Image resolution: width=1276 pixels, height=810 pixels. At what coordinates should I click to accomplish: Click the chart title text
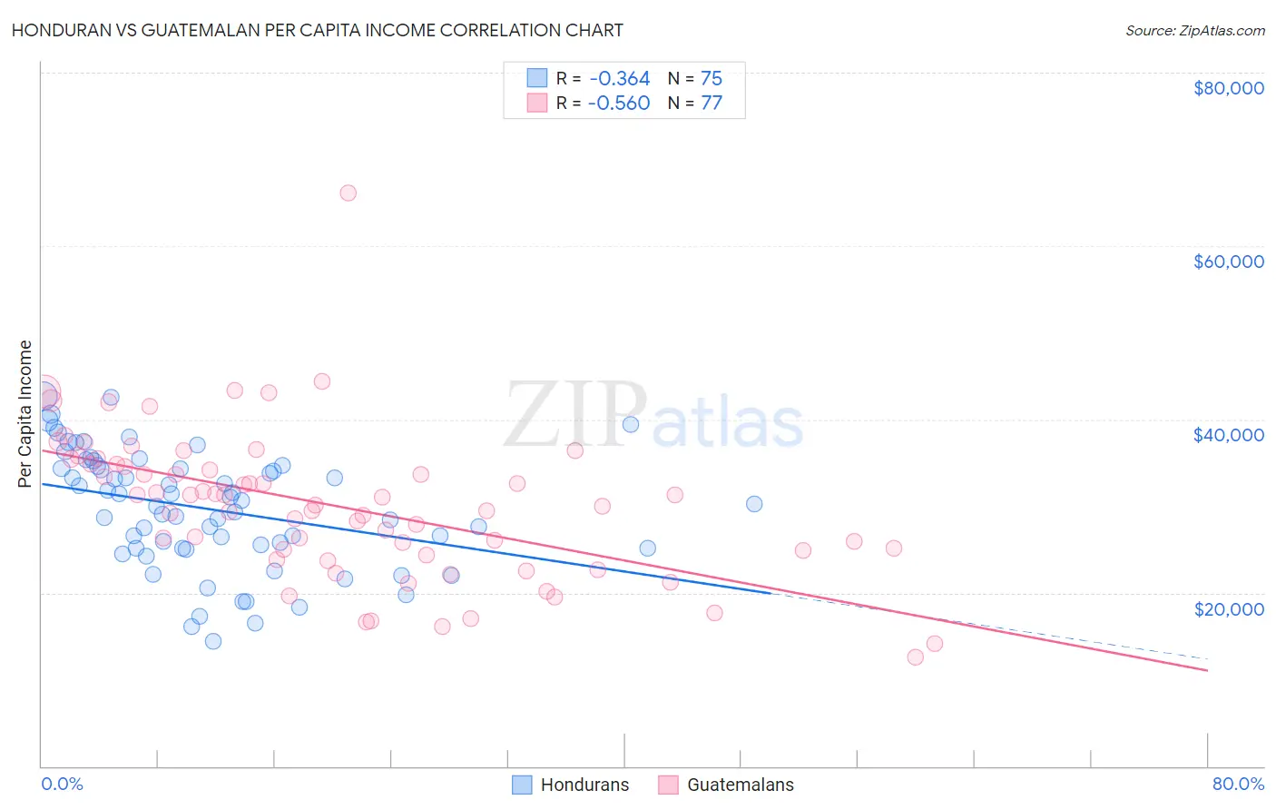tap(317, 30)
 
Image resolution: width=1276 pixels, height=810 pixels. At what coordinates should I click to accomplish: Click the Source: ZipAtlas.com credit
tap(1194, 30)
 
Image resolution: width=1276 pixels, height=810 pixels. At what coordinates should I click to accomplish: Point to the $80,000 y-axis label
tap(1228, 88)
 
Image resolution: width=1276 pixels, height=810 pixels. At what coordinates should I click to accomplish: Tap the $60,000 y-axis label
tap(1228, 262)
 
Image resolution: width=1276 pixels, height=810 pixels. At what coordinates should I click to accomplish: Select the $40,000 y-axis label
tap(1228, 435)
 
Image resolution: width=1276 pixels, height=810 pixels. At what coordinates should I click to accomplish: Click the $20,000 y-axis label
tap(1228, 608)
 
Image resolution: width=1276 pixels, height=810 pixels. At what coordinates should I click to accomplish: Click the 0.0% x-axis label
tap(62, 784)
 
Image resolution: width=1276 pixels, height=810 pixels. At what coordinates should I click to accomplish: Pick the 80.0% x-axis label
tap(1238, 784)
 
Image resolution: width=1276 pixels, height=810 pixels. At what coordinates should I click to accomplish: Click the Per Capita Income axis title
tap(25, 413)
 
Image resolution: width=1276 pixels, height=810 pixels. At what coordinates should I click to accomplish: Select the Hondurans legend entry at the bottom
tap(571, 785)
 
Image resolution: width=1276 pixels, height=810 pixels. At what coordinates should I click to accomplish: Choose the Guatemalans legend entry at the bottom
tap(726, 785)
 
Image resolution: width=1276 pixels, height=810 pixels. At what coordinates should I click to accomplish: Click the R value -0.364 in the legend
tap(619, 79)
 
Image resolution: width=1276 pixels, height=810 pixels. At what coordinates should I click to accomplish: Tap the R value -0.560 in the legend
tap(619, 103)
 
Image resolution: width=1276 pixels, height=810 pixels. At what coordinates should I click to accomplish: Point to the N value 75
tap(711, 79)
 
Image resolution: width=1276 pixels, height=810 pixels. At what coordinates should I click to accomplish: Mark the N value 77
tap(711, 103)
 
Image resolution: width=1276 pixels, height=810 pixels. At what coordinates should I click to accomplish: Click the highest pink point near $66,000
tap(348, 193)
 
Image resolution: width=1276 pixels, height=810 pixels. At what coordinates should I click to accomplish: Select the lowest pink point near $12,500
tap(915, 657)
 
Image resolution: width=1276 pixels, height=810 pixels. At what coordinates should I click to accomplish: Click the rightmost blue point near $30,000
tap(754, 504)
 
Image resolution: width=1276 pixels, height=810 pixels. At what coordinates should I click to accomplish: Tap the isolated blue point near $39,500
tap(631, 424)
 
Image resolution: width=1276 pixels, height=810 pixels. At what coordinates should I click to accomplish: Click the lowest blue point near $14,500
tap(213, 641)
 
